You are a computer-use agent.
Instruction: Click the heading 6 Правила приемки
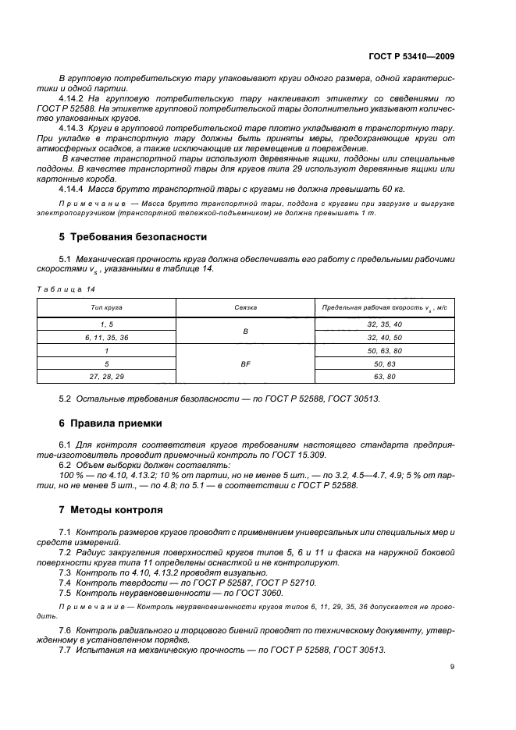click(111, 423)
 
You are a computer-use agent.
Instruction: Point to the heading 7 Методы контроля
click(111, 510)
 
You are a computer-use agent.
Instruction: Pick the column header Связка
click(245, 308)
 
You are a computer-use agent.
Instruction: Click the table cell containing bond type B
click(245, 331)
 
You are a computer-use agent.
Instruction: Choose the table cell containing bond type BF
click(245, 363)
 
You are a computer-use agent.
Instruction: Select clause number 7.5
click(66, 593)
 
